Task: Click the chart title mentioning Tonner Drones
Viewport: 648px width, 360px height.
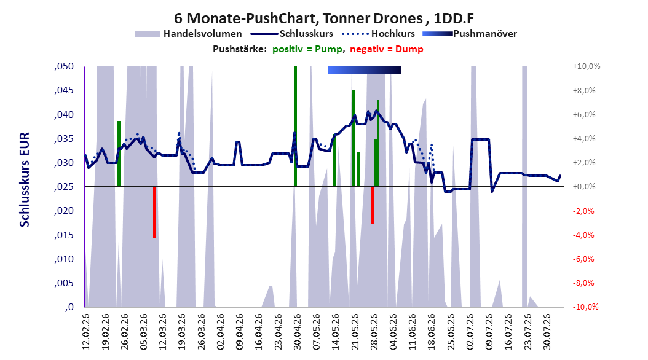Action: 323,18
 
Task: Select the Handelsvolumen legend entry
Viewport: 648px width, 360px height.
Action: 188,34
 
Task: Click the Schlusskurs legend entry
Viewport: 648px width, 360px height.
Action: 292,34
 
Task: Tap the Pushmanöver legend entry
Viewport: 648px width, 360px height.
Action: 470,34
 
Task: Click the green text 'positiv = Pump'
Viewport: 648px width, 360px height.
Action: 307,49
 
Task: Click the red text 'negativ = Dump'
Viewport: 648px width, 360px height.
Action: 387,49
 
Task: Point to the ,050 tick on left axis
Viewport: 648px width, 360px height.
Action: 64,66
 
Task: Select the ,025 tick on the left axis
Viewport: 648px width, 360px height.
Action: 64,187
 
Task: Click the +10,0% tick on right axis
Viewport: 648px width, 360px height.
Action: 587,66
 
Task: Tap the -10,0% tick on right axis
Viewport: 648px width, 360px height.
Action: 585,307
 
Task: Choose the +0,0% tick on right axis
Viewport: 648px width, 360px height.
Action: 584,187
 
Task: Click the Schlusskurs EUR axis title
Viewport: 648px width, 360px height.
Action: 25,179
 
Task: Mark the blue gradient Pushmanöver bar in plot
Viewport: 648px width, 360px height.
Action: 364,70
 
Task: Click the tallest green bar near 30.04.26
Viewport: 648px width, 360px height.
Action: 296,127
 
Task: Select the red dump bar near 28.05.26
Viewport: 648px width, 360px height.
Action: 373,205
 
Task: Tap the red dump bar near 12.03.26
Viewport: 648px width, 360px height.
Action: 154,212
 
